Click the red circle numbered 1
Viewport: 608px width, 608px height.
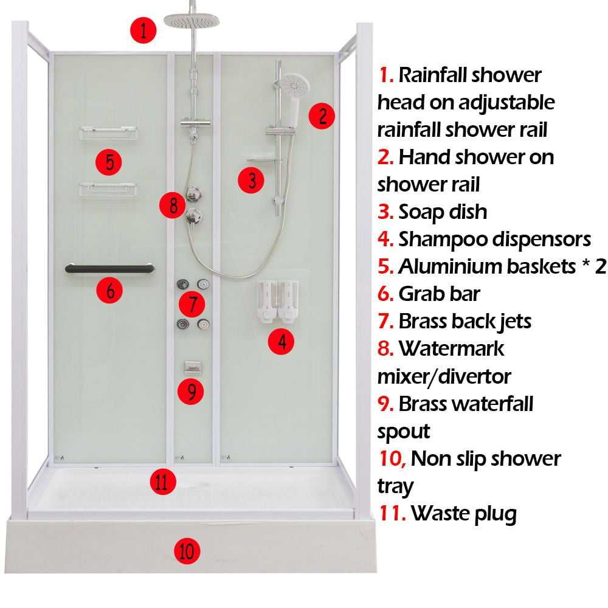[143, 30]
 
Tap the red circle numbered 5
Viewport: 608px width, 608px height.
[109, 162]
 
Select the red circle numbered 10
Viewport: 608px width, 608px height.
[187, 551]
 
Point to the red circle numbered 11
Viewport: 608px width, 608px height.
[163, 482]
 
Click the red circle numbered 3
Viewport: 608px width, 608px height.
[251, 181]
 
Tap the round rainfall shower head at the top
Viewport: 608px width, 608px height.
[192, 21]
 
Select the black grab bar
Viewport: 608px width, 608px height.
[109, 268]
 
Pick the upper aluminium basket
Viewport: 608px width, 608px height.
[108, 133]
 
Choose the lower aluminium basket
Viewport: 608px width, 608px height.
[108, 190]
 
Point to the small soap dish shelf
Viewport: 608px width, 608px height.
[264, 159]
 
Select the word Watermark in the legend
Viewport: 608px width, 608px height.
[451, 348]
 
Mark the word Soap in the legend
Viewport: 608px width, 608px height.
[420, 212]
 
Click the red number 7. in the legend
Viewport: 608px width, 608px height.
[386, 322]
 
